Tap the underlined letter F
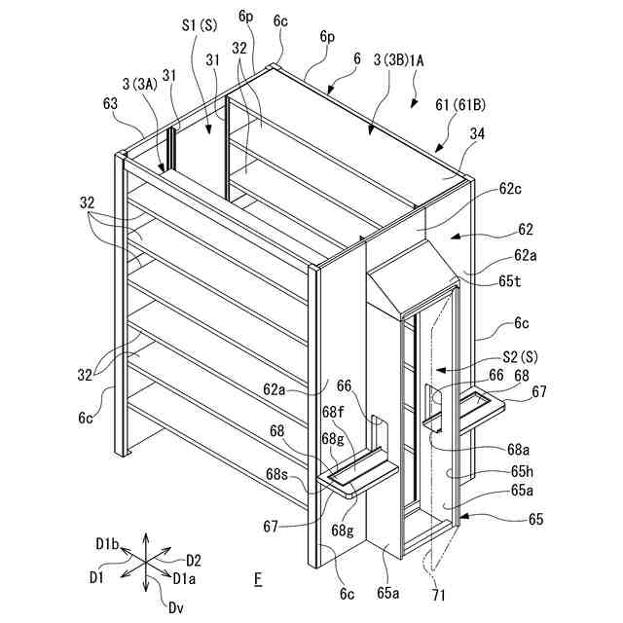coord(258,580)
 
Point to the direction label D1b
coord(106,540)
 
